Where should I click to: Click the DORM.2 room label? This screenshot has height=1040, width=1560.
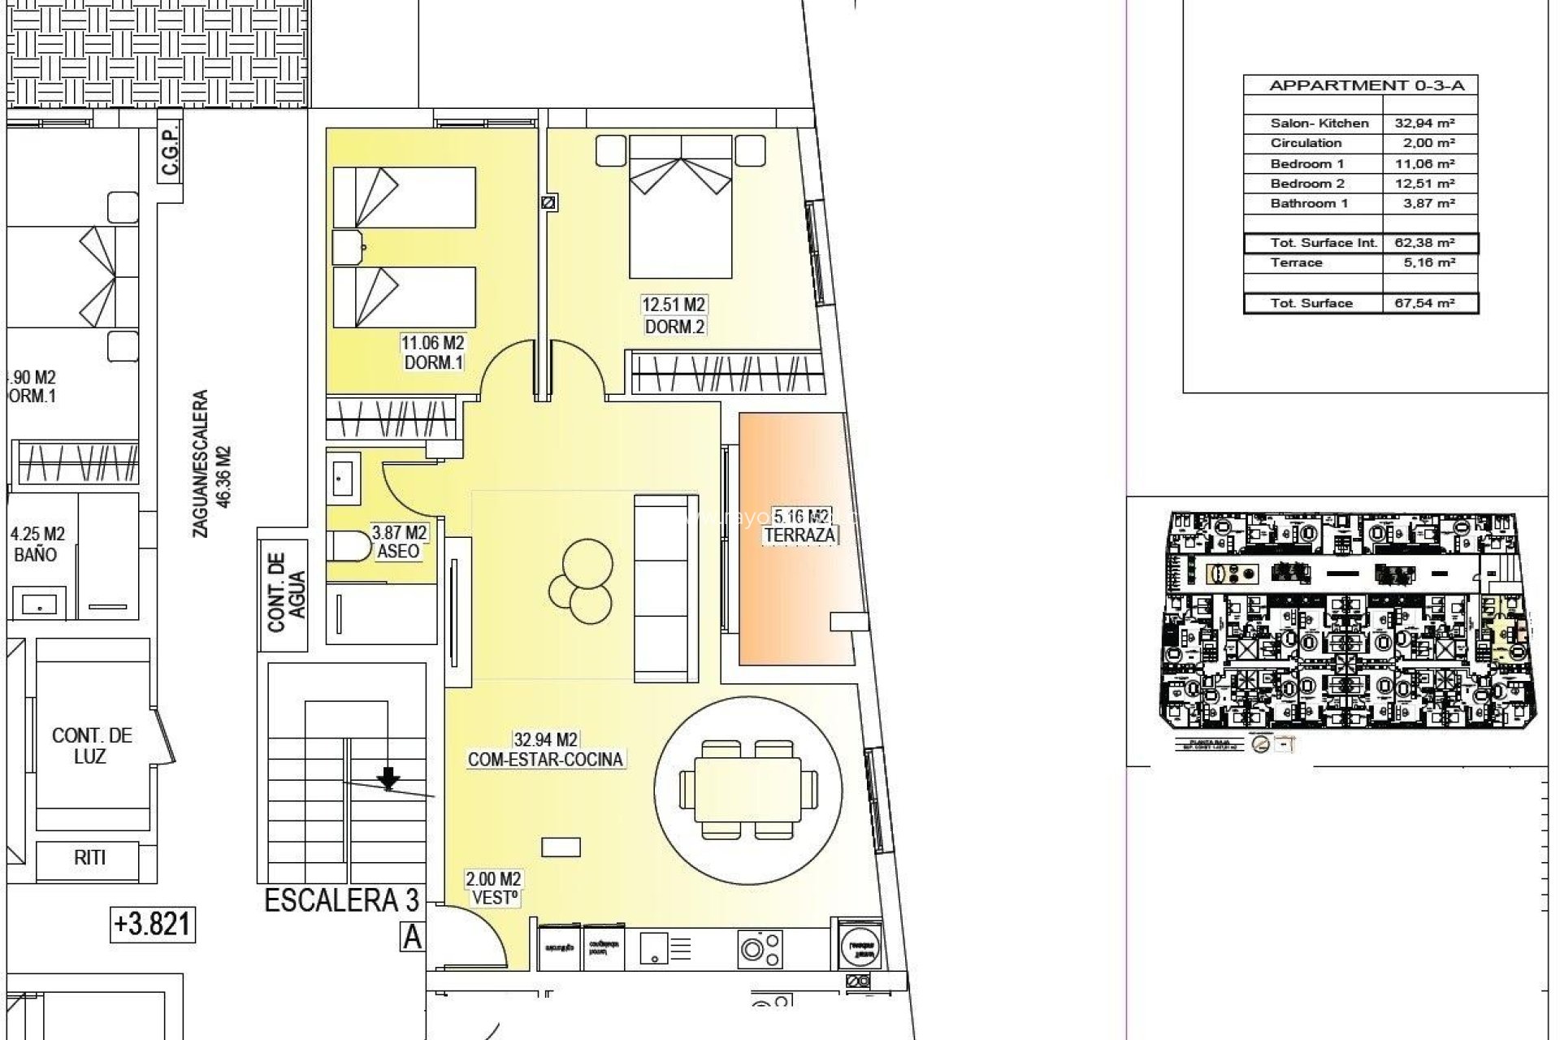click(674, 327)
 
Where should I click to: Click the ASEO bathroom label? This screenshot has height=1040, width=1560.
click(398, 552)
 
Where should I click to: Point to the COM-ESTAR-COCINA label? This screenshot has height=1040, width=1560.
click(545, 760)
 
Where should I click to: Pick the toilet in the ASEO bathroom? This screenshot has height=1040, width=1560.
click(346, 546)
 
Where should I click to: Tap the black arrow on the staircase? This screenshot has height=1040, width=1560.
click(389, 778)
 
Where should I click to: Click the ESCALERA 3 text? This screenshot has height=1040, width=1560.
click(342, 901)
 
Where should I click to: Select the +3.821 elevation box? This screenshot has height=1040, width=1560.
click(153, 924)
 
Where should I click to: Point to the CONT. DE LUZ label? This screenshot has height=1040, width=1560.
click(91, 745)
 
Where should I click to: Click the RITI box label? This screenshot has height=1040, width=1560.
click(89, 857)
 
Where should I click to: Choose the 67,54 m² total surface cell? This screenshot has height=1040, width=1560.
click(1429, 303)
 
